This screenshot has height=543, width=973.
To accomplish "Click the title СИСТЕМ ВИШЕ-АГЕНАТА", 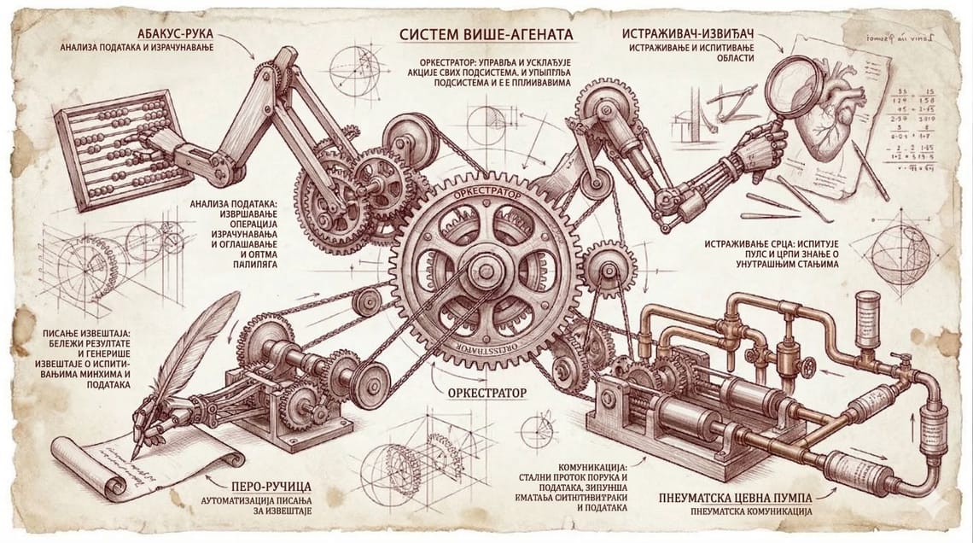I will tap(486, 35).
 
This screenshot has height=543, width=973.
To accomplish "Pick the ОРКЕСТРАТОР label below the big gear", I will tap(485, 394).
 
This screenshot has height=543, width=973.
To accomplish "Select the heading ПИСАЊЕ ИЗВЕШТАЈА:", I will tap(82, 330).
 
